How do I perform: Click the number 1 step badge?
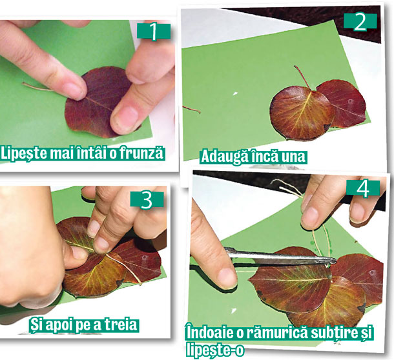point(154,32)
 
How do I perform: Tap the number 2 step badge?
point(360,21)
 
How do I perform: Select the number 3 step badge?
point(147,199)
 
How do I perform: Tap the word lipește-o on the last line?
point(215,349)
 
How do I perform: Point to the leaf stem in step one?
point(37,87)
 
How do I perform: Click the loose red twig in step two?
point(191,109)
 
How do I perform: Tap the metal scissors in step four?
point(280,257)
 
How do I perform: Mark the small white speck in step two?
point(235,94)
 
